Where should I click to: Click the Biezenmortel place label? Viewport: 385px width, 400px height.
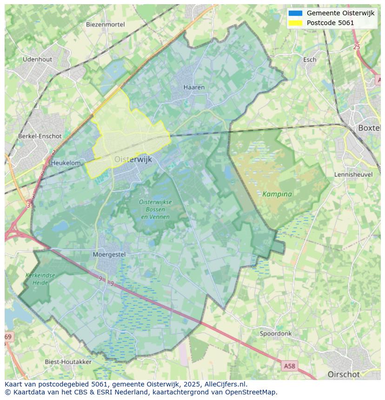106,25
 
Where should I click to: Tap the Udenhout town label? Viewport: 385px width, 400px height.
37,59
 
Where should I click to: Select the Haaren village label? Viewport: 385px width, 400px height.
194,87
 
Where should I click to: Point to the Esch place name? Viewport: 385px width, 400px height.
310,59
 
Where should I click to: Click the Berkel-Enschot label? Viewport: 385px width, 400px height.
40,136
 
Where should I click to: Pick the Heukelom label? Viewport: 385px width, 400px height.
66,163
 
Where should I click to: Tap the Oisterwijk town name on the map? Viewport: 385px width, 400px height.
133,159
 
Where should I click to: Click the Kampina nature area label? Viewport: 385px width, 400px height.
277,194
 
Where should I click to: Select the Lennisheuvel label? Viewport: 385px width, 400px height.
353,174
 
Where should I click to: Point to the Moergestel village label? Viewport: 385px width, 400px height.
109,254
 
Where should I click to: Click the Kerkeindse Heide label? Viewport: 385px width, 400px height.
40,279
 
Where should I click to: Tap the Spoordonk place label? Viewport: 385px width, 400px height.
276,334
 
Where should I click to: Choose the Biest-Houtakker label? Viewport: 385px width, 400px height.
68,361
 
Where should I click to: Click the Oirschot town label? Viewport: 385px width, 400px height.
344,374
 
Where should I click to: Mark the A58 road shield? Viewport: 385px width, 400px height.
289,366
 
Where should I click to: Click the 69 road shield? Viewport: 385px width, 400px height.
8,336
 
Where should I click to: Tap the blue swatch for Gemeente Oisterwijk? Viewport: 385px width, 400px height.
295,13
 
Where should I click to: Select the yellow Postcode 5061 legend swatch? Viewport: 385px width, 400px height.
295,23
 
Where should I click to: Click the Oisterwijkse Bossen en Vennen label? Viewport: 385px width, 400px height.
155,209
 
